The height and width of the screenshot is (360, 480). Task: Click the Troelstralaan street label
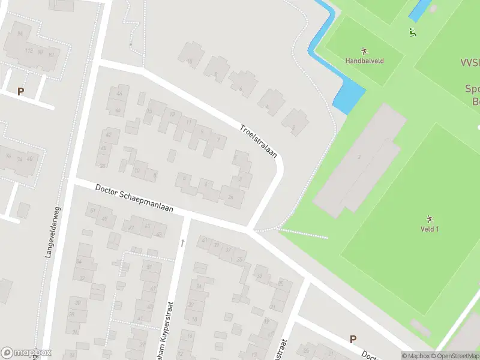[x=259, y=141]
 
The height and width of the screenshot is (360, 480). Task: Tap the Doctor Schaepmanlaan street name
[x=134, y=199]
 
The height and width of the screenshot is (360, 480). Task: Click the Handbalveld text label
[x=364, y=61]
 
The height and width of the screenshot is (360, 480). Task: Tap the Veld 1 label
[x=430, y=229]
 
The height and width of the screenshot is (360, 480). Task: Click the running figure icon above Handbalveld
[x=364, y=51]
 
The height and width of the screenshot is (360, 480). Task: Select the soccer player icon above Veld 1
[x=430, y=218]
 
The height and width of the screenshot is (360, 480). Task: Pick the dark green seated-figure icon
[x=412, y=32]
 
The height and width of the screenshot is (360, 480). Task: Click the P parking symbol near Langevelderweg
[x=21, y=92]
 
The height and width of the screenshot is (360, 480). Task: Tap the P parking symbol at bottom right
[x=353, y=339]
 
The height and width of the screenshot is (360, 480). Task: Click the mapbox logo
[x=26, y=352]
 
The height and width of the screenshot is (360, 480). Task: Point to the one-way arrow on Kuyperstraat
[x=182, y=243]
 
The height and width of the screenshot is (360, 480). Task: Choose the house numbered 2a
[x=231, y=196]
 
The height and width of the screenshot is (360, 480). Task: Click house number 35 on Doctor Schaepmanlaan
[x=240, y=259]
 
